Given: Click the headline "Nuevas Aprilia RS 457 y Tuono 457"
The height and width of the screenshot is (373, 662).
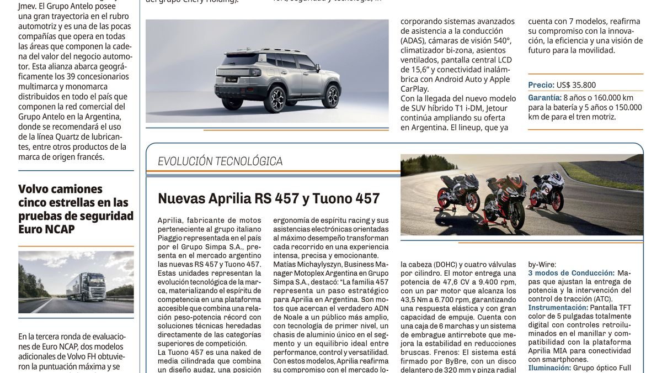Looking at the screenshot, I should pos(269,198).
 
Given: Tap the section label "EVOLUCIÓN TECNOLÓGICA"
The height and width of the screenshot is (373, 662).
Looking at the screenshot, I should pos(220,161).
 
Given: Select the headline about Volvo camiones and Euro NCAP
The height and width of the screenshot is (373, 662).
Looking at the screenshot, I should pos(76,209).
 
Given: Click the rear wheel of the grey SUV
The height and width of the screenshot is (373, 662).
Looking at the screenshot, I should pos(275,99).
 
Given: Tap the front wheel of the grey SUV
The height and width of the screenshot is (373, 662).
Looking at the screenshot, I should pos(330,95).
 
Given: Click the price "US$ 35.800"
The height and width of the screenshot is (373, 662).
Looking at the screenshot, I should pos(576,85).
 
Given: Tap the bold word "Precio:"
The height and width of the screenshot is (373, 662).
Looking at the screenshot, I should pos(541,85).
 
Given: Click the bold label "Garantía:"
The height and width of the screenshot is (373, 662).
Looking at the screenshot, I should pos(544,97).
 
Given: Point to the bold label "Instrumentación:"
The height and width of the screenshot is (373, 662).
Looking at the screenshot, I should pos(558,307).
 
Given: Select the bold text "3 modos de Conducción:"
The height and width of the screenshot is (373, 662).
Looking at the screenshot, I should pos(571,273).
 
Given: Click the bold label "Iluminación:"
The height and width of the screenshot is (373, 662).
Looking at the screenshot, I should pos(549,367).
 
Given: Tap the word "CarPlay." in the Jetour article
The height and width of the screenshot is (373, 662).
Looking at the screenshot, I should pos(414,88).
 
